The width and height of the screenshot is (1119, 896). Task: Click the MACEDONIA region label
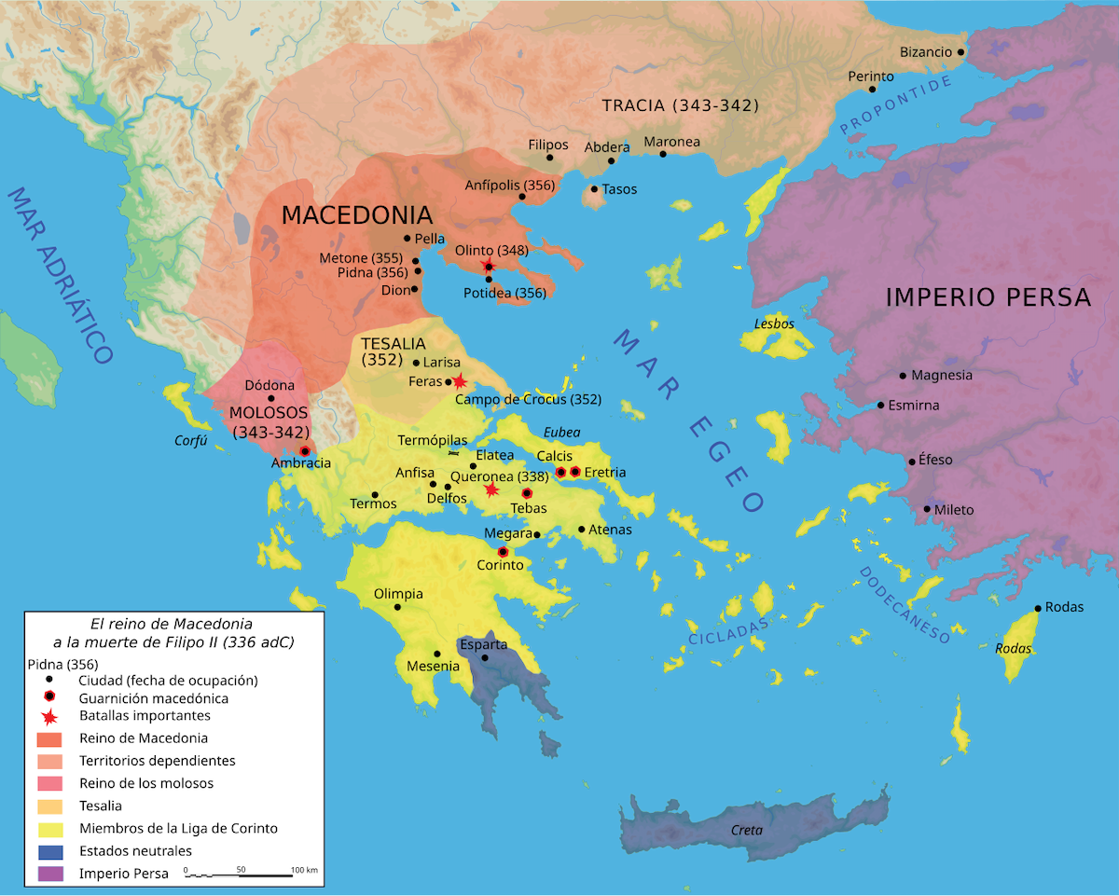357,214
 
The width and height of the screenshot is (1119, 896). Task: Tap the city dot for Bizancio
960,52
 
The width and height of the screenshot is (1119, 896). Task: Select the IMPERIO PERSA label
988,297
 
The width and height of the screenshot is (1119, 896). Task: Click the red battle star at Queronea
491,489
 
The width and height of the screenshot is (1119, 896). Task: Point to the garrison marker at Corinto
504,551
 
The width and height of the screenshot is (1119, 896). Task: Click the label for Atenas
610,530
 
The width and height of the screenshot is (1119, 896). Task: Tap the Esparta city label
483,644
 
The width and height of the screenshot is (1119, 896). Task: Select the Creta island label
746,830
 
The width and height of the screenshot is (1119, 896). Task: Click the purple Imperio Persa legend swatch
49,874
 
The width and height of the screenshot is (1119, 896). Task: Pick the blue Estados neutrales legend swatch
49,851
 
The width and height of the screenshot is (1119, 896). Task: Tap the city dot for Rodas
1038,609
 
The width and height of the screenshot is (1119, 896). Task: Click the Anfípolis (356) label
509,186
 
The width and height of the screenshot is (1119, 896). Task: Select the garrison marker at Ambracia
304,451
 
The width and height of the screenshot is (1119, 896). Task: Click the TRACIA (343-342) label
680,105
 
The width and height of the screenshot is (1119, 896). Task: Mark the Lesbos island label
774,324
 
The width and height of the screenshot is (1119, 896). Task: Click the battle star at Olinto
487,267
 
